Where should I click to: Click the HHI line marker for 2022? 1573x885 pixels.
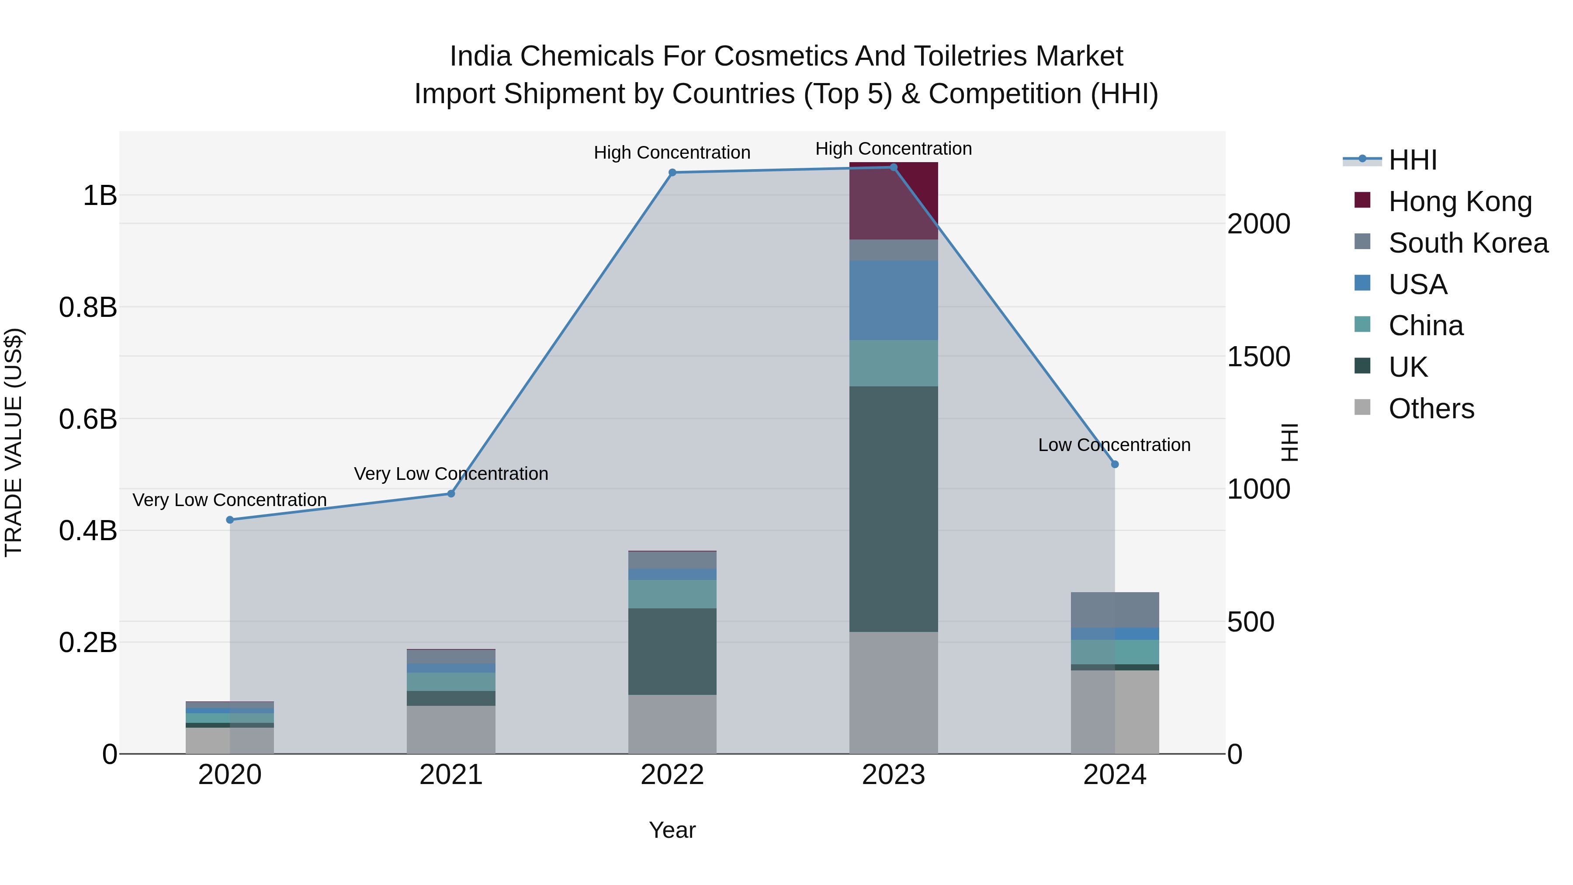tap(672, 172)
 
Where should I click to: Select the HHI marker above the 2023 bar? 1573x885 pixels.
tap(894, 167)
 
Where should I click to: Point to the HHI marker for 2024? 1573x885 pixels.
tap(1114, 464)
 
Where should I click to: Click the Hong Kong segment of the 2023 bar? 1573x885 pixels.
tap(894, 201)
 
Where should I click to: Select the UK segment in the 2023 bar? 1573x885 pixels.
tap(894, 508)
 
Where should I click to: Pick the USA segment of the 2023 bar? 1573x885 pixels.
tap(894, 300)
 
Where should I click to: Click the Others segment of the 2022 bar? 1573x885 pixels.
tap(672, 724)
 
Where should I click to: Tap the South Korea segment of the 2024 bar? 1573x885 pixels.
tap(1114, 610)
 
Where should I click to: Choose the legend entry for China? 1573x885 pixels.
tap(1426, 326)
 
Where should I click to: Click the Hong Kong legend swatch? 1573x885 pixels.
tap(1362, 200)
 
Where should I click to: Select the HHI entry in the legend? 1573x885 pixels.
tap(1412, 160)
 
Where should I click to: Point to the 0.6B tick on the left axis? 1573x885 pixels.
tap(88, 420)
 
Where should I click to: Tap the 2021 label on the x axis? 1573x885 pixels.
tap(451, 775)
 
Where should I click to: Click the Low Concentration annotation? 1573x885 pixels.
tap(1114, 444)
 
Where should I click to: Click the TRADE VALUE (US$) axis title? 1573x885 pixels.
tap(14, 442)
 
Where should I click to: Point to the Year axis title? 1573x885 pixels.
tap(672, 830)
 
